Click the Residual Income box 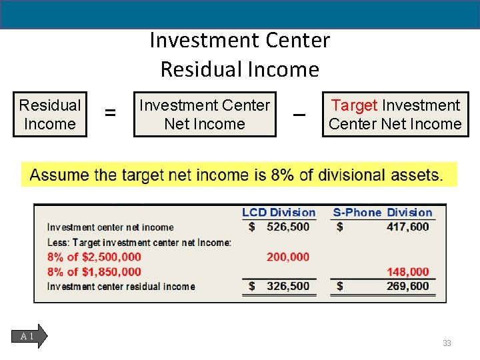[50, 114]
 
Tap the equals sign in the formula [110, 114]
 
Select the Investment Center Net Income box [204, 114]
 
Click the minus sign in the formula [299, 115]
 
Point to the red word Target [354, 105]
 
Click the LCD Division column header [279, 213]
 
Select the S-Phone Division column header [383, 213]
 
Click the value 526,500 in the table [288, 227]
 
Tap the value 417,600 [408, 227]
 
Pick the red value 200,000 [288, 257]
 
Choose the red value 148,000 [408, 271]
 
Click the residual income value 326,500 [288, 286]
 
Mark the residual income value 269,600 [408, 286]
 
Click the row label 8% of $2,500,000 [94, 257]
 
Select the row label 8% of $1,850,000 [94, 271]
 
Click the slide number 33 [447, 343]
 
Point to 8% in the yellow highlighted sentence [281, 175]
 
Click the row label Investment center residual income [121, 287]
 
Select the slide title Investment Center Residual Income [240, 55]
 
